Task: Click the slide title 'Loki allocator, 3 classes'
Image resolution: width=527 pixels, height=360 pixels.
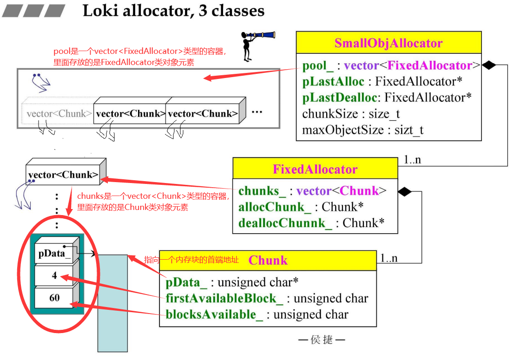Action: pos(173,11)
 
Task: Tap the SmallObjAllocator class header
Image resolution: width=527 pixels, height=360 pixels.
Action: pos(389,43)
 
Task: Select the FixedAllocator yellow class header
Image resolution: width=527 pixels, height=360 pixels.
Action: pos(315,169)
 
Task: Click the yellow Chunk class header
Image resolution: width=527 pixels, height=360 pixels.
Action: pos(268,260)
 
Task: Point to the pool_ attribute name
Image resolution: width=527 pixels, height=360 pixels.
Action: pos(318,65)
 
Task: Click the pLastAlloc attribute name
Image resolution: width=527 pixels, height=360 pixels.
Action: pos(333,82)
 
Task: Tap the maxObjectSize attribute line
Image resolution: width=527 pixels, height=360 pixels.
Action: pos(362,130)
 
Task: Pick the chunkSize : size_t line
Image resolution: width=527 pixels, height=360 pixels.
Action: pos(351,114)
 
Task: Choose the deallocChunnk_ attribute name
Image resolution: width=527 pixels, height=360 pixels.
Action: pos(285,223)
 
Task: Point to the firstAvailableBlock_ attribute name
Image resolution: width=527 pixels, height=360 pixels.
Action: pos(224,298)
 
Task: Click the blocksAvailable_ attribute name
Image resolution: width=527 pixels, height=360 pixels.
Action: pos(214,314)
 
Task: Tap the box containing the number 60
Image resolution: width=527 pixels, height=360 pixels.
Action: pos(54,298)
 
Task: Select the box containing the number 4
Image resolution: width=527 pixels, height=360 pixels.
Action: pos(54,275)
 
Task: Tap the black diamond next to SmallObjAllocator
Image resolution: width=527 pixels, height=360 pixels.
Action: pos(488,65)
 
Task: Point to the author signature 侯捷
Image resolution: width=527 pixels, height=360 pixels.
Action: pos(322,340)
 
